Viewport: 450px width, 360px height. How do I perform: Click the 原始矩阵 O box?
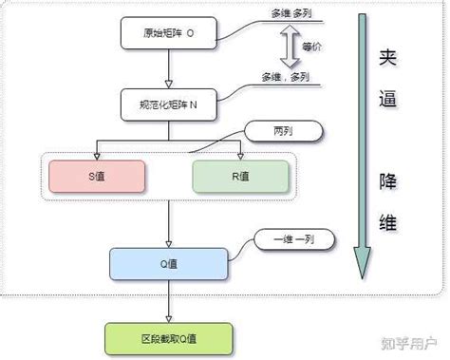coord(168,32)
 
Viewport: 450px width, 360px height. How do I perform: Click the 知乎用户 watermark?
coord(412,341)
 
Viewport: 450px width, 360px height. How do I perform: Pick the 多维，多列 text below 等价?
coord(288,77)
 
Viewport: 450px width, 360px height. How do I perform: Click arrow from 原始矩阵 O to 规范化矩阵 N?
coord(168,68)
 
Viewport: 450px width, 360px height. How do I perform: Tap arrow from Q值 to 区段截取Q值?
coord(168,303)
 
